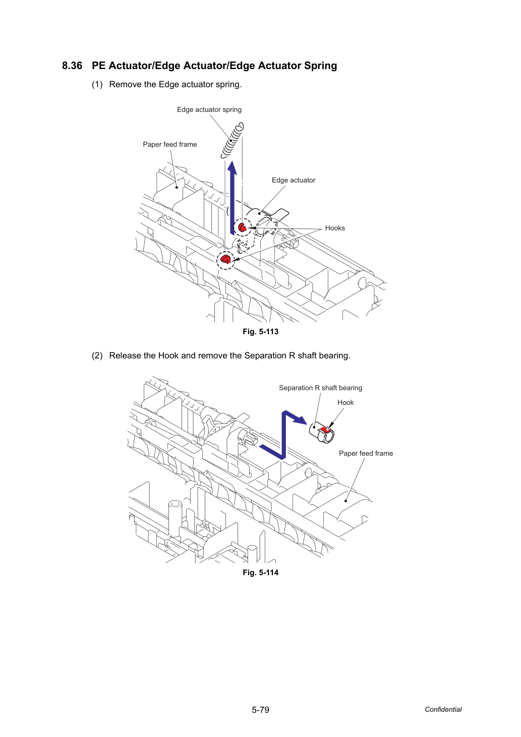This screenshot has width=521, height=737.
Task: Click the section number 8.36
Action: (x=72, y=66)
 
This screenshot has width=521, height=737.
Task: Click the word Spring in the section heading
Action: (x=320, y=66)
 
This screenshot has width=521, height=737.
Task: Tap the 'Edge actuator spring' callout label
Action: (x=209, y=109)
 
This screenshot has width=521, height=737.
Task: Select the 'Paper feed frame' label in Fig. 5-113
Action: (x=170, y=144)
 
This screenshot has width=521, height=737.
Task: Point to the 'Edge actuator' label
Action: (x=293, y=180)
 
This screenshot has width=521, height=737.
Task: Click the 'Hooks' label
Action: (x=335, y=228)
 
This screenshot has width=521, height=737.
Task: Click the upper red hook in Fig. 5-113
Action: (x=242, y=227)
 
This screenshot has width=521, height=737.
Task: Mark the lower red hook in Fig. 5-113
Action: (x=225, y=259)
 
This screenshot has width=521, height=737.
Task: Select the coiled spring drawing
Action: (x=233, y=140)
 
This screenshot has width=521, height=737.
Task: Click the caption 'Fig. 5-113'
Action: (x=260, y=332)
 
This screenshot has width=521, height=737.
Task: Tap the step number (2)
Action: (x=97, y=356)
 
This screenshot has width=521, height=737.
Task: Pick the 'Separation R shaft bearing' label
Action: (x=320, y=388)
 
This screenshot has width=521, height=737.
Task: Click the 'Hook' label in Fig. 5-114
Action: (x=345, y=402)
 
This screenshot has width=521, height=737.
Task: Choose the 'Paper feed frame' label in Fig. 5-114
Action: (x=366, y=453)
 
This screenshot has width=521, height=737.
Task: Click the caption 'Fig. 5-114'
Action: (x=260, y=573)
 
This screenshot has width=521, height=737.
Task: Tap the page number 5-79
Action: (x=260, y=710)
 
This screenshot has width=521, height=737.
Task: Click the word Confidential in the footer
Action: (x=443, y=709)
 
